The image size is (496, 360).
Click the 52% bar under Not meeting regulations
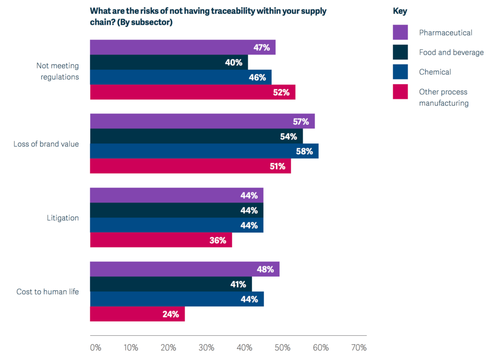click(193, 92)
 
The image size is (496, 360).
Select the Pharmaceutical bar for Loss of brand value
click(202, 121)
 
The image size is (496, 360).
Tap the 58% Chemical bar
click(204, 151)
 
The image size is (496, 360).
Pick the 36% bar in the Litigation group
click(161, 240)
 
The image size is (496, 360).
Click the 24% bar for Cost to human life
click(138, 314)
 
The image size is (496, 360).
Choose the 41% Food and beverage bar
click(171, 284)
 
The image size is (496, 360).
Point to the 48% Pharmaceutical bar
click(185, 269)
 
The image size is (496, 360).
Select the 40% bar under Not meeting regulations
click(169, 63)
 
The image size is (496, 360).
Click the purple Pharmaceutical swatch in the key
click(400, 32)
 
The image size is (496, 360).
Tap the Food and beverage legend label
click(451, 52)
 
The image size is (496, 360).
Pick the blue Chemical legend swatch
click(400, 72)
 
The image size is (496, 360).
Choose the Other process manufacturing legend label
click(443, 97)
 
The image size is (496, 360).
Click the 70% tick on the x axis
click(359, 347)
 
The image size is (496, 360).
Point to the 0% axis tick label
click(95, 347)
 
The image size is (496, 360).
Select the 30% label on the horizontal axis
click(206, 347)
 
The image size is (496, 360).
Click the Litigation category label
click(62, 218)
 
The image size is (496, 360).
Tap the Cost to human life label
click(47, 292)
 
